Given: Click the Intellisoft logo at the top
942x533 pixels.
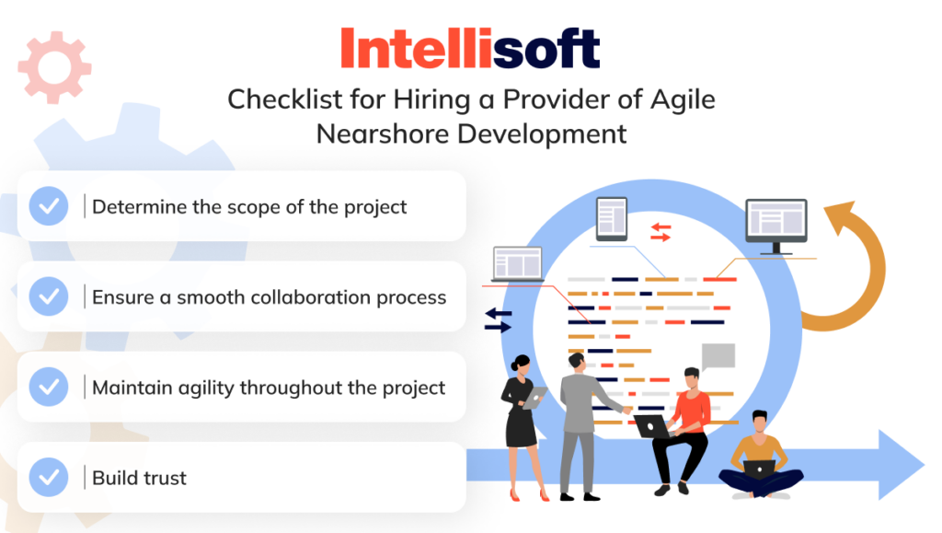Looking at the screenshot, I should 470,48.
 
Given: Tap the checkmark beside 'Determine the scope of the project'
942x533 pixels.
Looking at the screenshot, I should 49,206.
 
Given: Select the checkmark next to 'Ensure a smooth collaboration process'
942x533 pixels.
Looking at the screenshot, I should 49,296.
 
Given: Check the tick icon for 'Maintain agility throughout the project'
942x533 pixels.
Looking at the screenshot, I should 49,387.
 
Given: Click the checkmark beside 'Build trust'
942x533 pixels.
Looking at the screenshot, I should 49,477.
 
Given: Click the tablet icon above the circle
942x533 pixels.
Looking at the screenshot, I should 611,219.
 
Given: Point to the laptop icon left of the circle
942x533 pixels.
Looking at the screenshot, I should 518,264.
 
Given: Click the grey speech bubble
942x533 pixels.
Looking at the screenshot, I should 718,356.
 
